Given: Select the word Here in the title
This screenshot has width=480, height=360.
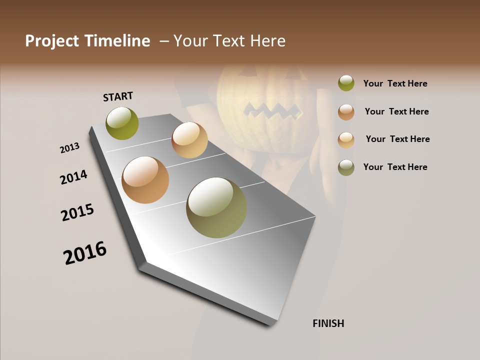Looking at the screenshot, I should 267,41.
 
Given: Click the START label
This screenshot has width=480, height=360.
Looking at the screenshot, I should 118,96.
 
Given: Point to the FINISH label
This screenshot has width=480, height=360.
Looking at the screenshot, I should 328,323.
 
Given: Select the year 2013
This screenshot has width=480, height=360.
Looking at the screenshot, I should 69,148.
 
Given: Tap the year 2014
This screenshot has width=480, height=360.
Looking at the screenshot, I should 74,177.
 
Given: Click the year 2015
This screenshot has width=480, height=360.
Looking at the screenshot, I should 77,212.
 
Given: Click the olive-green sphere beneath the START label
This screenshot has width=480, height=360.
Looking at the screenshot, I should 122,123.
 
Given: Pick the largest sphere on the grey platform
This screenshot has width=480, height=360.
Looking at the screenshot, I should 216,207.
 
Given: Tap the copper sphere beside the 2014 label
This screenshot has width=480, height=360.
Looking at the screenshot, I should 145,180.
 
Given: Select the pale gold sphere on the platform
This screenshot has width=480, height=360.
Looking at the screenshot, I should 189,140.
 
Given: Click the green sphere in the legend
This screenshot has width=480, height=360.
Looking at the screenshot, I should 346,83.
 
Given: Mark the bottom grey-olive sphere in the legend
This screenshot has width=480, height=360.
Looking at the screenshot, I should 346,167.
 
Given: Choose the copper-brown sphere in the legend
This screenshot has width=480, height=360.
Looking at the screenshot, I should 346,112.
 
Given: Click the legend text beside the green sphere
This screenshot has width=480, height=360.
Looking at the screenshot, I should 395,83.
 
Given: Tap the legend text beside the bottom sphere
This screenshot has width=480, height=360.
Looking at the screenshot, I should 395,167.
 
